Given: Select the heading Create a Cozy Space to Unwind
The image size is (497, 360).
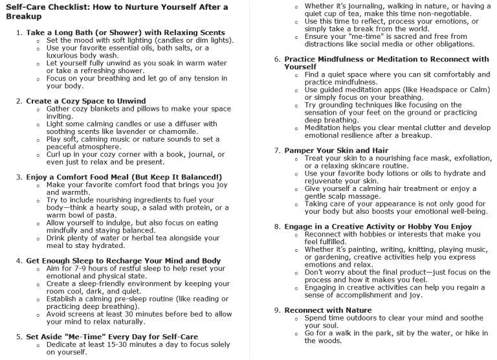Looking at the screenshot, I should tap(86, 100).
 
